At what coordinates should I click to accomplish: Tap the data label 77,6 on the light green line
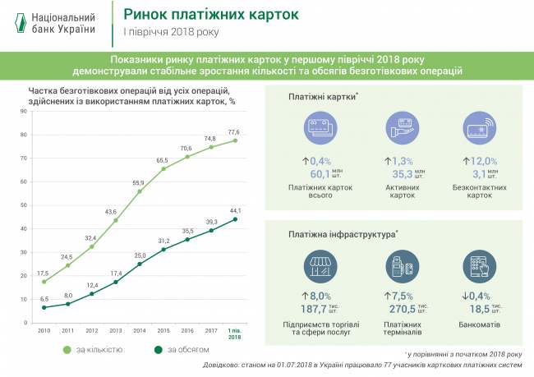click(234, 131)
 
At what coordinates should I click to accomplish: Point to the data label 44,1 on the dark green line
click(234, 209)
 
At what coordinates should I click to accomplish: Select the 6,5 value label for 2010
click(44, 299)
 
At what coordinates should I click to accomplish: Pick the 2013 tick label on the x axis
click(115, 330)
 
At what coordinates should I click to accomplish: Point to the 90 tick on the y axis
click(23, 113)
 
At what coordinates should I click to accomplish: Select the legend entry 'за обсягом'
click(176, 351)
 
